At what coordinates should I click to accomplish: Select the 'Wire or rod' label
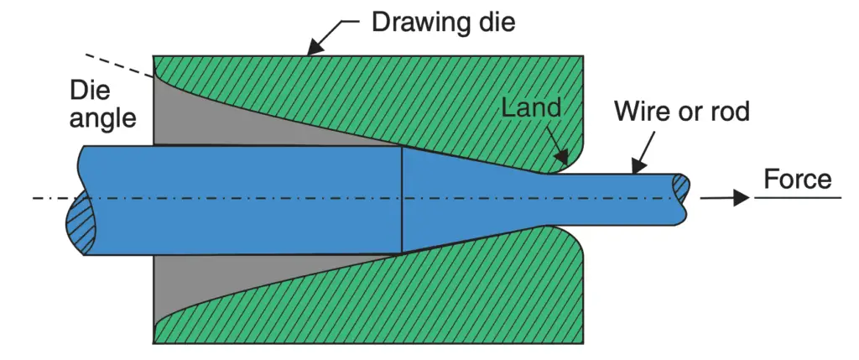(x=681, y=111)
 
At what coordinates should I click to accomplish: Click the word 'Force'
(x=798, y=180)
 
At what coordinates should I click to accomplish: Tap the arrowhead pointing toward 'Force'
(x=740, y=199)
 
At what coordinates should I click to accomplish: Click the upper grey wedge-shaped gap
(x=218, y=117)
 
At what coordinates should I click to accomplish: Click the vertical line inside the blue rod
(x=403, y=199)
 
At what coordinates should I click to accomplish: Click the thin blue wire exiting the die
(x=621, y=199)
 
